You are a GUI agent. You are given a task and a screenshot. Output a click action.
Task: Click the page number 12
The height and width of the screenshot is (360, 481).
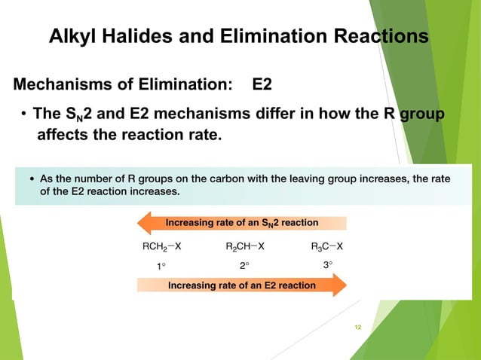tap(358, 326)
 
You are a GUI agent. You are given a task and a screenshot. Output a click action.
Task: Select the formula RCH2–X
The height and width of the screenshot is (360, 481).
tap(161, 246)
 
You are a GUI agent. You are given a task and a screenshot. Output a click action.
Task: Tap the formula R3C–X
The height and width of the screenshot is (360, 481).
tap(327, 246)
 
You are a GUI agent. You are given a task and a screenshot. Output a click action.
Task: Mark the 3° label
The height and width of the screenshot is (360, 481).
tap(327, 265)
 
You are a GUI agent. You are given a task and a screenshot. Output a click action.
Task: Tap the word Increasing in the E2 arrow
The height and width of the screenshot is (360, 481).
tap(193, 285)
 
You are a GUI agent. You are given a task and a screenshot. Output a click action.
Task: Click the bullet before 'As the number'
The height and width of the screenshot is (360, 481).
tap(32, 179)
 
